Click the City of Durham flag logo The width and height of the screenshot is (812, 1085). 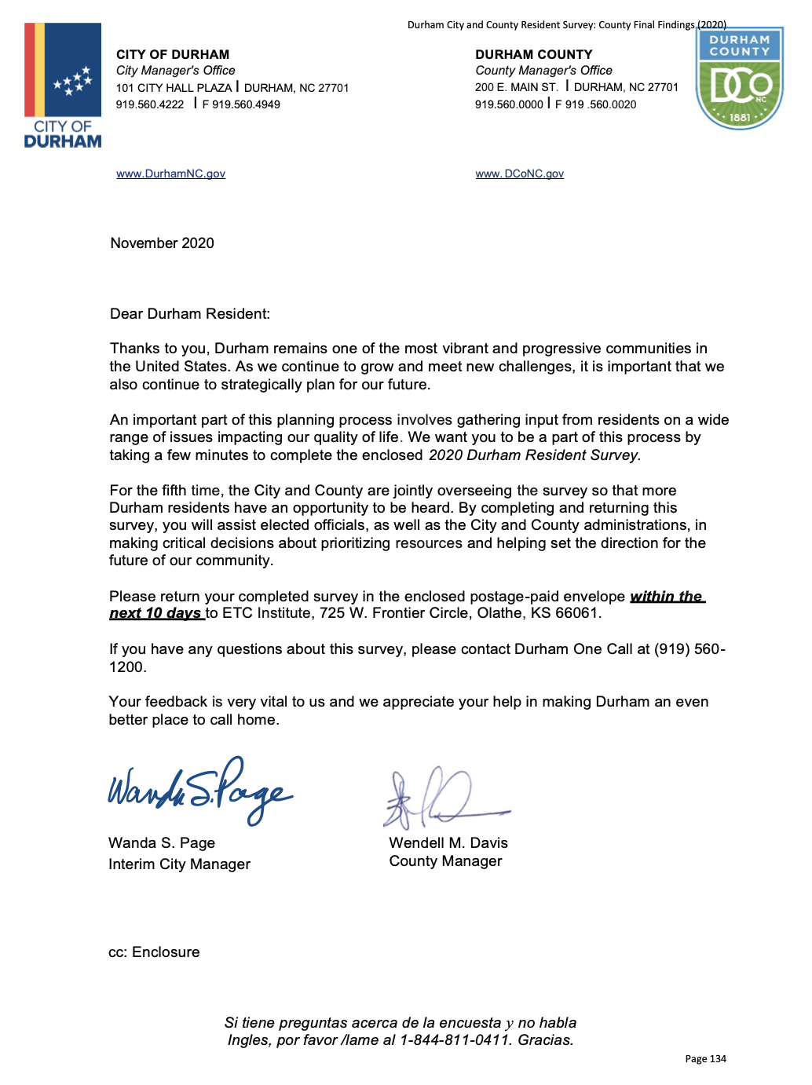(63, 85)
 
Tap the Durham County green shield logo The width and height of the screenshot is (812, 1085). (739, 79)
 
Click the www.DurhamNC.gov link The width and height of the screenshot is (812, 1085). (170, 174)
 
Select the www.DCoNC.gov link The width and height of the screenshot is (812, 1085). (519, 174)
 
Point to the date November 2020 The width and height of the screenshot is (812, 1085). (162, 243)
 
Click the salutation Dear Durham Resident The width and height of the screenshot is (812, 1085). (190, 314)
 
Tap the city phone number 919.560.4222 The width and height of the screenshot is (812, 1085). (150, 104)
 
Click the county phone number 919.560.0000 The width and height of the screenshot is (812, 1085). (509, 104)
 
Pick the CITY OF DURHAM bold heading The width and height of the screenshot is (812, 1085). (173, 54)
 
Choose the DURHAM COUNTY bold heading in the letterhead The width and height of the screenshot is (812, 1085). (534, 54)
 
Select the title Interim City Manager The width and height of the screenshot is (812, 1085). (179, 864)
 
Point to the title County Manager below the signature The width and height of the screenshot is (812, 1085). (445, 861)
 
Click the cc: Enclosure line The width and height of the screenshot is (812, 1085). (154, 952)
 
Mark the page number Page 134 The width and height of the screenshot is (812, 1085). (705, 1059)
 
